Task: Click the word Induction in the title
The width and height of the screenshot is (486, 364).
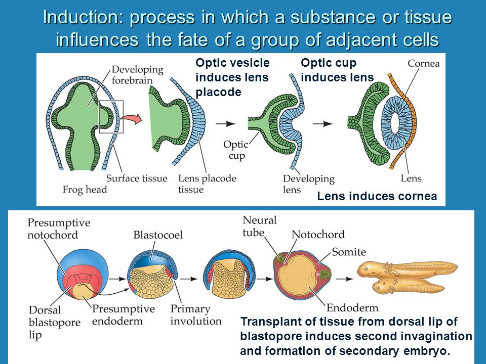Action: point(82,17)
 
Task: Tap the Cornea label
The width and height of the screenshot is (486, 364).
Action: point(423,64)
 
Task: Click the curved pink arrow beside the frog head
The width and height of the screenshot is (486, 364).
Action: point(131,118)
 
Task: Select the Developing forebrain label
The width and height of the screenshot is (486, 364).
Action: point(137,75)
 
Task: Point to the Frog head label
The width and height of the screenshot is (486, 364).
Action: point(85,190)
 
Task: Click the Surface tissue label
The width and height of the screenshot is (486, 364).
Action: point(137,178)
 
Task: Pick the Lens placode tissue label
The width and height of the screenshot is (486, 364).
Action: point(207,184)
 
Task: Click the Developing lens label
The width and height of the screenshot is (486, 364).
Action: point(309,184)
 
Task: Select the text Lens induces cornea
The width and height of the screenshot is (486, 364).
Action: point(377,196)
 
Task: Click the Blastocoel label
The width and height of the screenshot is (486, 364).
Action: point(158,235)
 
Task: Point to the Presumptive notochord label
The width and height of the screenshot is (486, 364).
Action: point(59,229)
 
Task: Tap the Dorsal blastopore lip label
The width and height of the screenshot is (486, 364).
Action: point(55,322)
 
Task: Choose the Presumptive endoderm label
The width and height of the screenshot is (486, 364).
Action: point(124,315)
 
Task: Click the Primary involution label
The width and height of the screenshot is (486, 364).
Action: point(196,315)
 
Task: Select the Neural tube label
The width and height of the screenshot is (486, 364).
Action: point(259,226)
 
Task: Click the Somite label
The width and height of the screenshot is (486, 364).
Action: point(349,252)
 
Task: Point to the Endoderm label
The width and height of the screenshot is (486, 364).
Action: point(352,308)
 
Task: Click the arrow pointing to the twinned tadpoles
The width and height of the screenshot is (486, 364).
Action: point(345,279)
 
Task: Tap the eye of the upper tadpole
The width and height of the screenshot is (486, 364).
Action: point(368,267)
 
